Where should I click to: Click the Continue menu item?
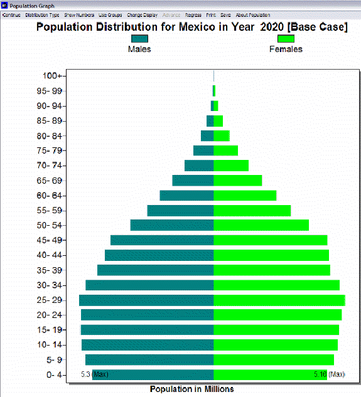click(x=11, y=14)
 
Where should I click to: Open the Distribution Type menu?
click(x=43, y=14)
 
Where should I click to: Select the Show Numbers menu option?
click(x=79, y=14)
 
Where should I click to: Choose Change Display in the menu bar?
click(x=142, y=14)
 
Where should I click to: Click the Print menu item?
click(x=211, y=14)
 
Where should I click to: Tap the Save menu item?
click(x=225, y=14)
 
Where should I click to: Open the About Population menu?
click(x=253, y=14)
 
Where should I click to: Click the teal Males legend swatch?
click(x=139, y=38)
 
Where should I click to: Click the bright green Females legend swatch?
click(x=286, y=38)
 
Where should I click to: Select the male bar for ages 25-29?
click(x=146, y=300)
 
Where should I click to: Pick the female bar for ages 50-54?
click(x=261, y=225)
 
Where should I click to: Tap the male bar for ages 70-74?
click(x=199, y=166)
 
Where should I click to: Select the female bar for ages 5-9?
click(x=274, y=359)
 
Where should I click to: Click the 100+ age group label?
click(x=52, y=76)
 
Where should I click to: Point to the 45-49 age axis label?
click(x=50, y=240)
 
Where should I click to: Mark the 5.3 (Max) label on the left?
click(x=95, y=374)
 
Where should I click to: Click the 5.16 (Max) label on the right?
click(x=329, y=374)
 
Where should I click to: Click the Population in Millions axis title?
click(x=191, y=389)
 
